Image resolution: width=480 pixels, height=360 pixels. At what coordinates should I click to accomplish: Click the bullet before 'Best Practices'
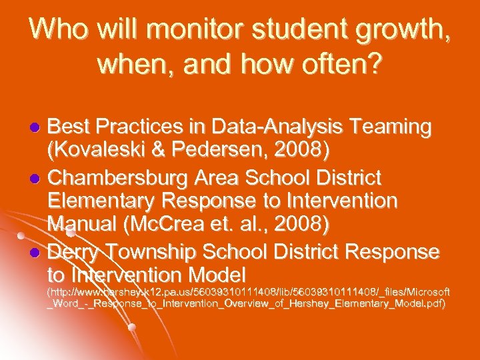click(x=37, y=127)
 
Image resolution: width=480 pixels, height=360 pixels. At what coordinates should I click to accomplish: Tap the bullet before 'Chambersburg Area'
click(x=37, y=178)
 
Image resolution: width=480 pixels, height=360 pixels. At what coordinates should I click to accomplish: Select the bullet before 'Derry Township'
click(x=37, y=253)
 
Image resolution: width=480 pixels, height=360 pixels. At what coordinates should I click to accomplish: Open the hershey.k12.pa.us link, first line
click(x=247, y=293)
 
